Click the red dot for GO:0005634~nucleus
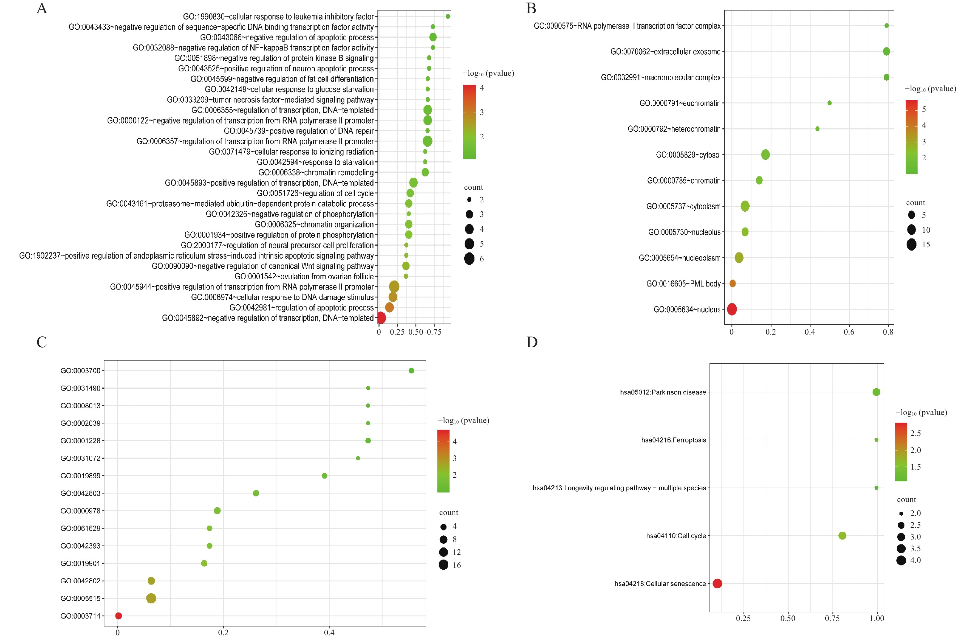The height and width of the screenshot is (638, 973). click(732, 309)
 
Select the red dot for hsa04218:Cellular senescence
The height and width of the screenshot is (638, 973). click(717, 584)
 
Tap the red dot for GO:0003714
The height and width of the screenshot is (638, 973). click(119, 616)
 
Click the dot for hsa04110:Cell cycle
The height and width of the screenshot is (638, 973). click(842, 536)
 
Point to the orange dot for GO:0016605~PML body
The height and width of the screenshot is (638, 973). click(733, 283)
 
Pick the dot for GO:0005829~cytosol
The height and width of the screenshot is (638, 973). click(766, 154)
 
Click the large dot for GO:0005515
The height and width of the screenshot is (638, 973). click(151, 598)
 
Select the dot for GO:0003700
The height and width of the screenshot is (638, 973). click(411, 370)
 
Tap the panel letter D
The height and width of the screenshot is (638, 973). click(532, 342)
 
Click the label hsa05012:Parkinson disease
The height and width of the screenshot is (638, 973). click(663, 392)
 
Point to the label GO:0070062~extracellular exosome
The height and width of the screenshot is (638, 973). click(665, 52)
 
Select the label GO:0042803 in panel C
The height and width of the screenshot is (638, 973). click(81, 493)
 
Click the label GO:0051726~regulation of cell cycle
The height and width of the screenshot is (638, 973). click(315, 193)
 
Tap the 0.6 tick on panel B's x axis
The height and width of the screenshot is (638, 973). click(849, 332)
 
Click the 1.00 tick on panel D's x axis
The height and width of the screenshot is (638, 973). click(877, 618)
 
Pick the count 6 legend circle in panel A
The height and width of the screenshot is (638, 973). click(469, 259)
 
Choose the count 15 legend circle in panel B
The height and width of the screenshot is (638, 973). click(911, 245)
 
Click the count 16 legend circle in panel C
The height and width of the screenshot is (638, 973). click(444, 565)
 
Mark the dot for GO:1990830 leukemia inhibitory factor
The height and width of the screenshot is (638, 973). click(448, 16)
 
